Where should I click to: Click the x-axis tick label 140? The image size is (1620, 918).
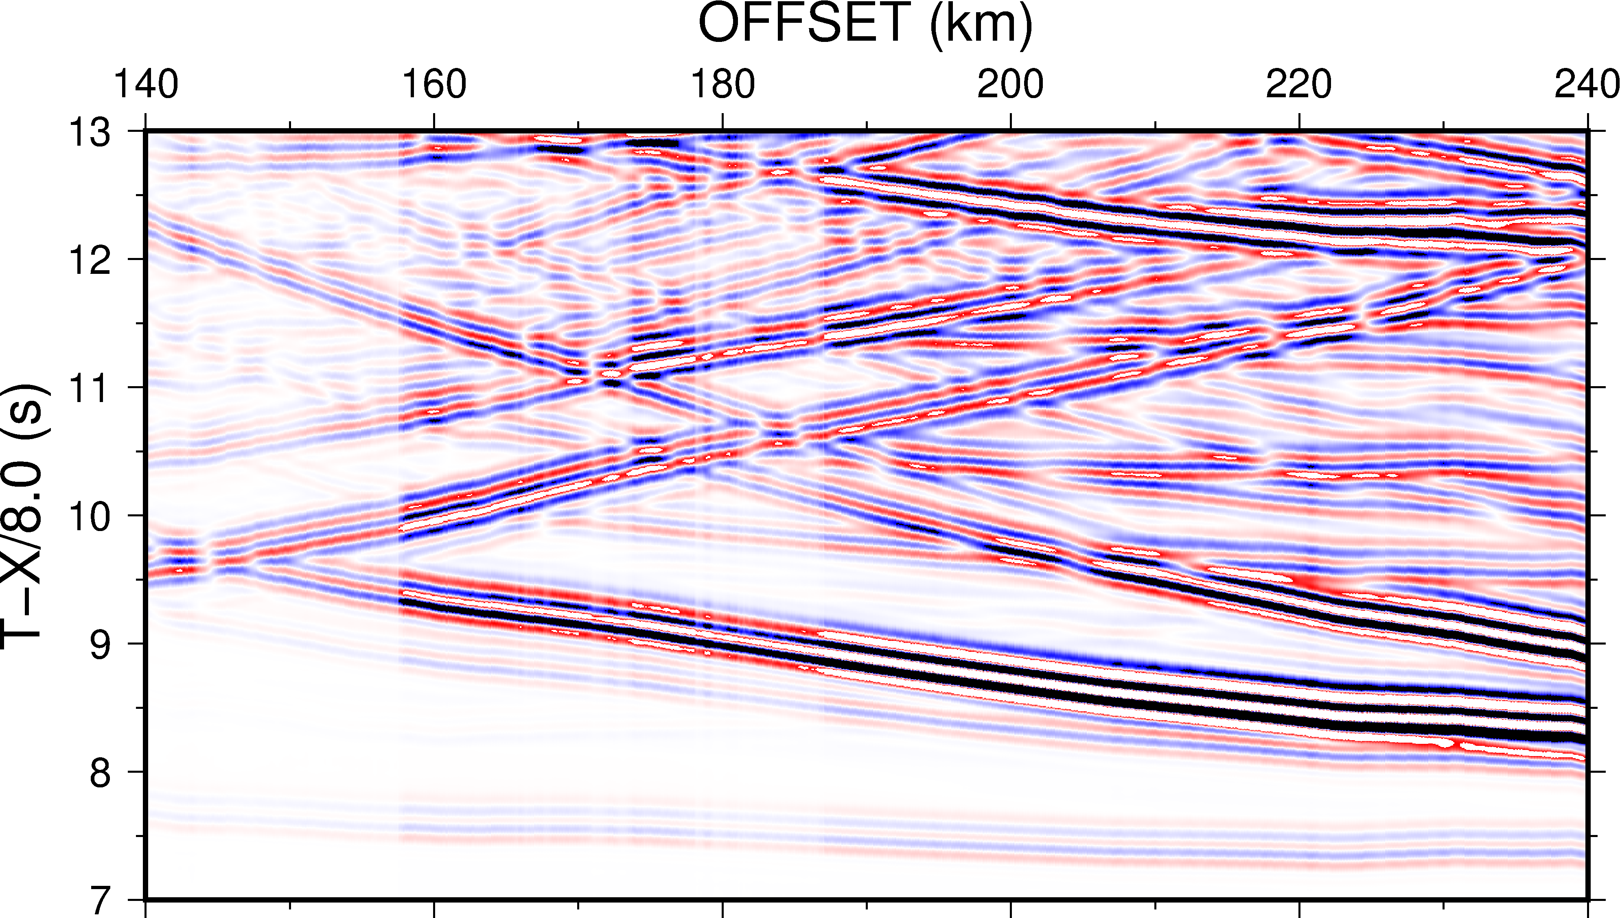tap(146, 85)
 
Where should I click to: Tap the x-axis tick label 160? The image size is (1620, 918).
tap(434, 85)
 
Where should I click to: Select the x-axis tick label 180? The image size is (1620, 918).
tap(722, 85)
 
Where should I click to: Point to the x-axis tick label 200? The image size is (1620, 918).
tap(1010, 85)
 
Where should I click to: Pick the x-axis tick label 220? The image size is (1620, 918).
tap(1299, 85)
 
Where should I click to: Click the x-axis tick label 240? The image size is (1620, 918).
tap(1585, 85)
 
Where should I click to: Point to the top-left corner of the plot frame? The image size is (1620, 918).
tap(146, 131)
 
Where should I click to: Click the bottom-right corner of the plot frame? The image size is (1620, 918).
tap(1587, 900)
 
